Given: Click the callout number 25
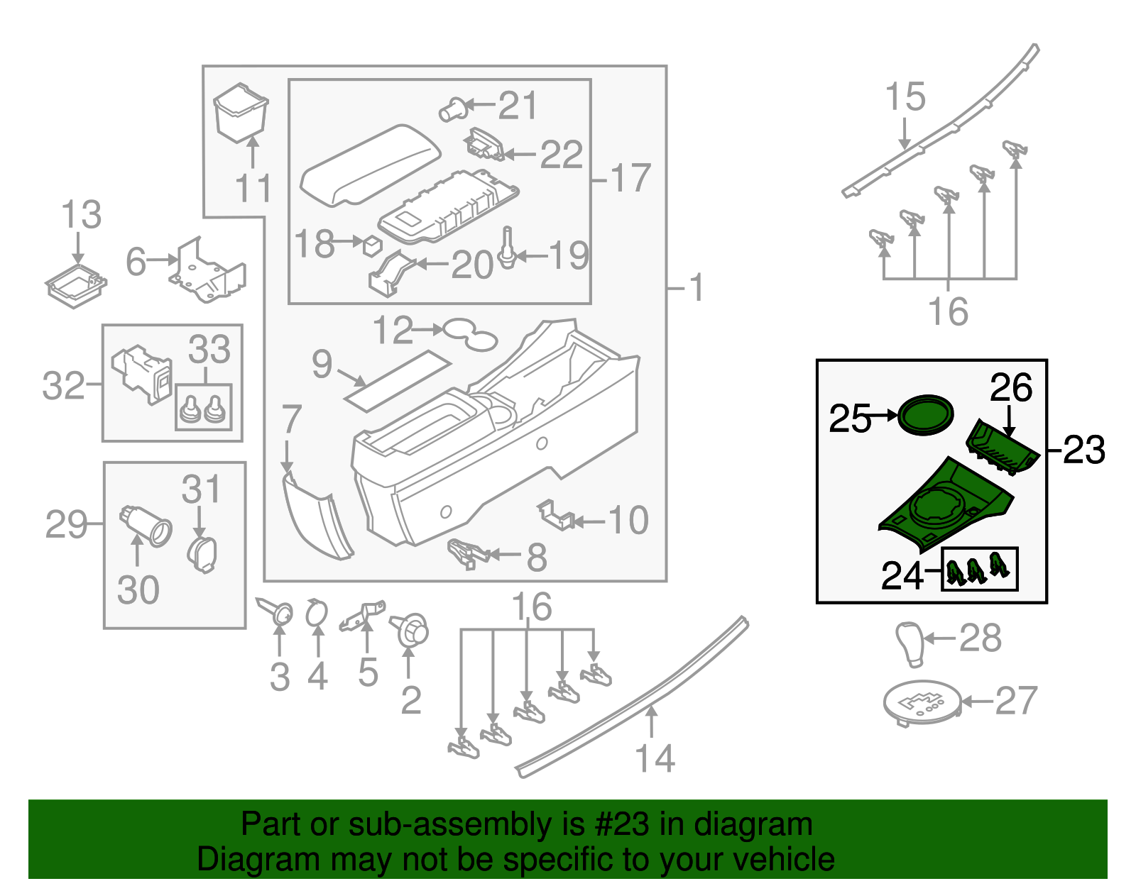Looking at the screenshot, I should (x=849, y=419).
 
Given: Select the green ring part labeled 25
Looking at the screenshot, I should (x=925, y=416).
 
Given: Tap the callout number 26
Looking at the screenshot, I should (x=1011, y=388).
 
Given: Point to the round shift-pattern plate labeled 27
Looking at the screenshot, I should (x=922, y=702).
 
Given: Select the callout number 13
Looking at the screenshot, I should (x=82, y=215).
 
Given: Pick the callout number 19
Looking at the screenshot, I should (x=569, y=255).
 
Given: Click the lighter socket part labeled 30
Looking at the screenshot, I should (x=148, y=526).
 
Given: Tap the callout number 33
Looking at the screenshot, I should (x=209, y=350).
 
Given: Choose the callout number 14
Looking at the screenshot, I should (x=655, y=758).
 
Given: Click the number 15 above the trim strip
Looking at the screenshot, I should (x=905, y=97).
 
